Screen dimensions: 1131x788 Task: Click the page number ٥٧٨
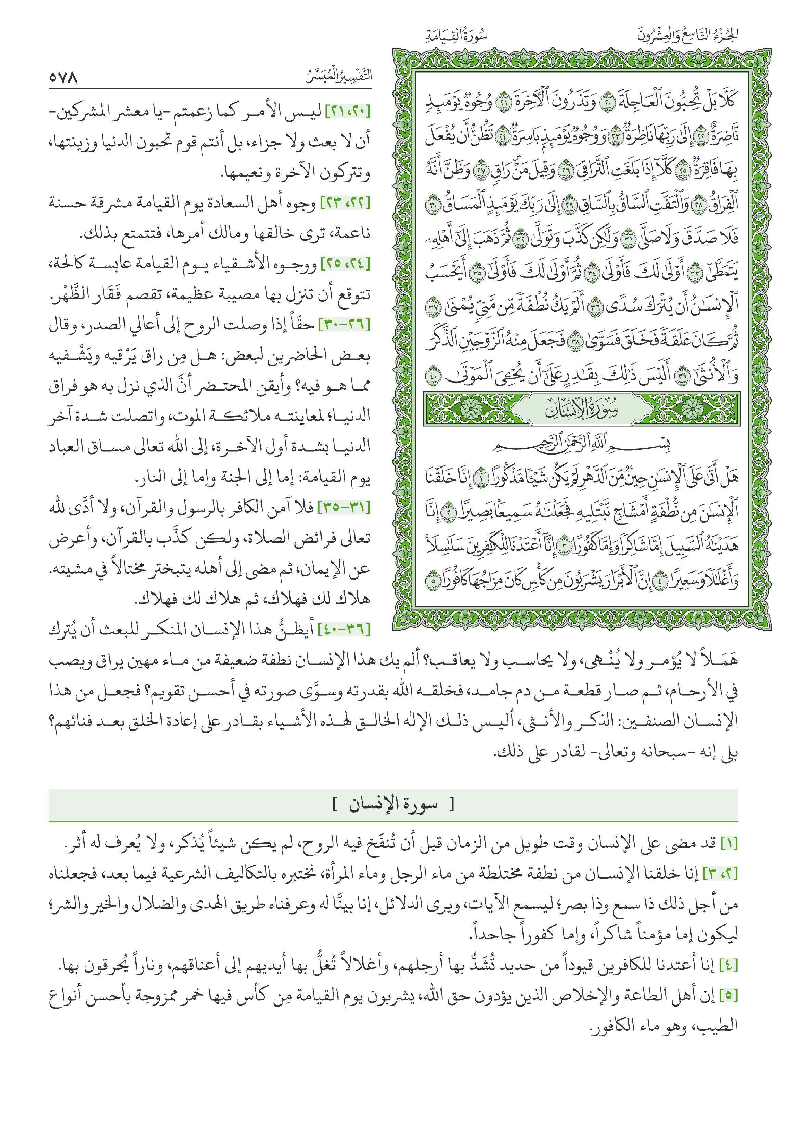(64, 78)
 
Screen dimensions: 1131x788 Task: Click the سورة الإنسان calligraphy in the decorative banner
(582, 408)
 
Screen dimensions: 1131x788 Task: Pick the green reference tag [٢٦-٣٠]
(345, 325)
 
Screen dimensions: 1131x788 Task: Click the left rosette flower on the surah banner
(471, 408)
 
